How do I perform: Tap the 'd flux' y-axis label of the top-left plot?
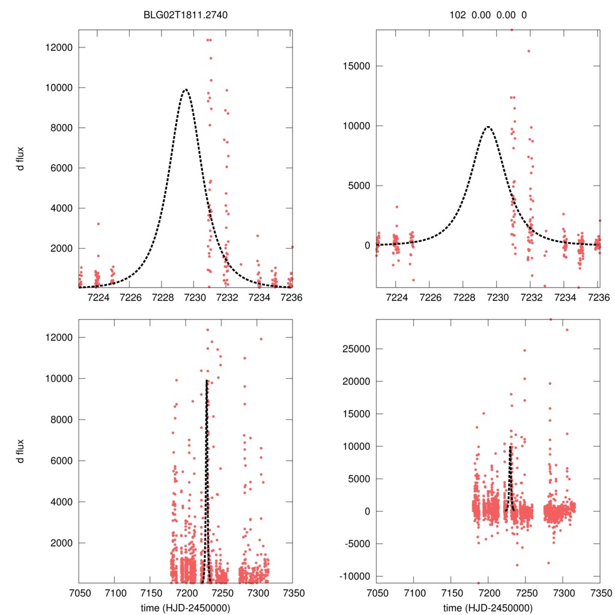(x=21, y=159)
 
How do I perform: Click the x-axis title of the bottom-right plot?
(x=488, y=607)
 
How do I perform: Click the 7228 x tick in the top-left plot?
(x=163, y=297)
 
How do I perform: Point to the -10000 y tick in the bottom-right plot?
(x=353, y=577)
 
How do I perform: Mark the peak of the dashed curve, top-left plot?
(x=186, y=89)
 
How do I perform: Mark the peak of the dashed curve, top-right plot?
(x=488, y=127)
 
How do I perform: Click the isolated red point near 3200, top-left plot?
(x=98, y=223)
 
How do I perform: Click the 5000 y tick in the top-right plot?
(x=358, y=186)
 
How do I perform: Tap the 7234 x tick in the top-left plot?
(x=259, y=297)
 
